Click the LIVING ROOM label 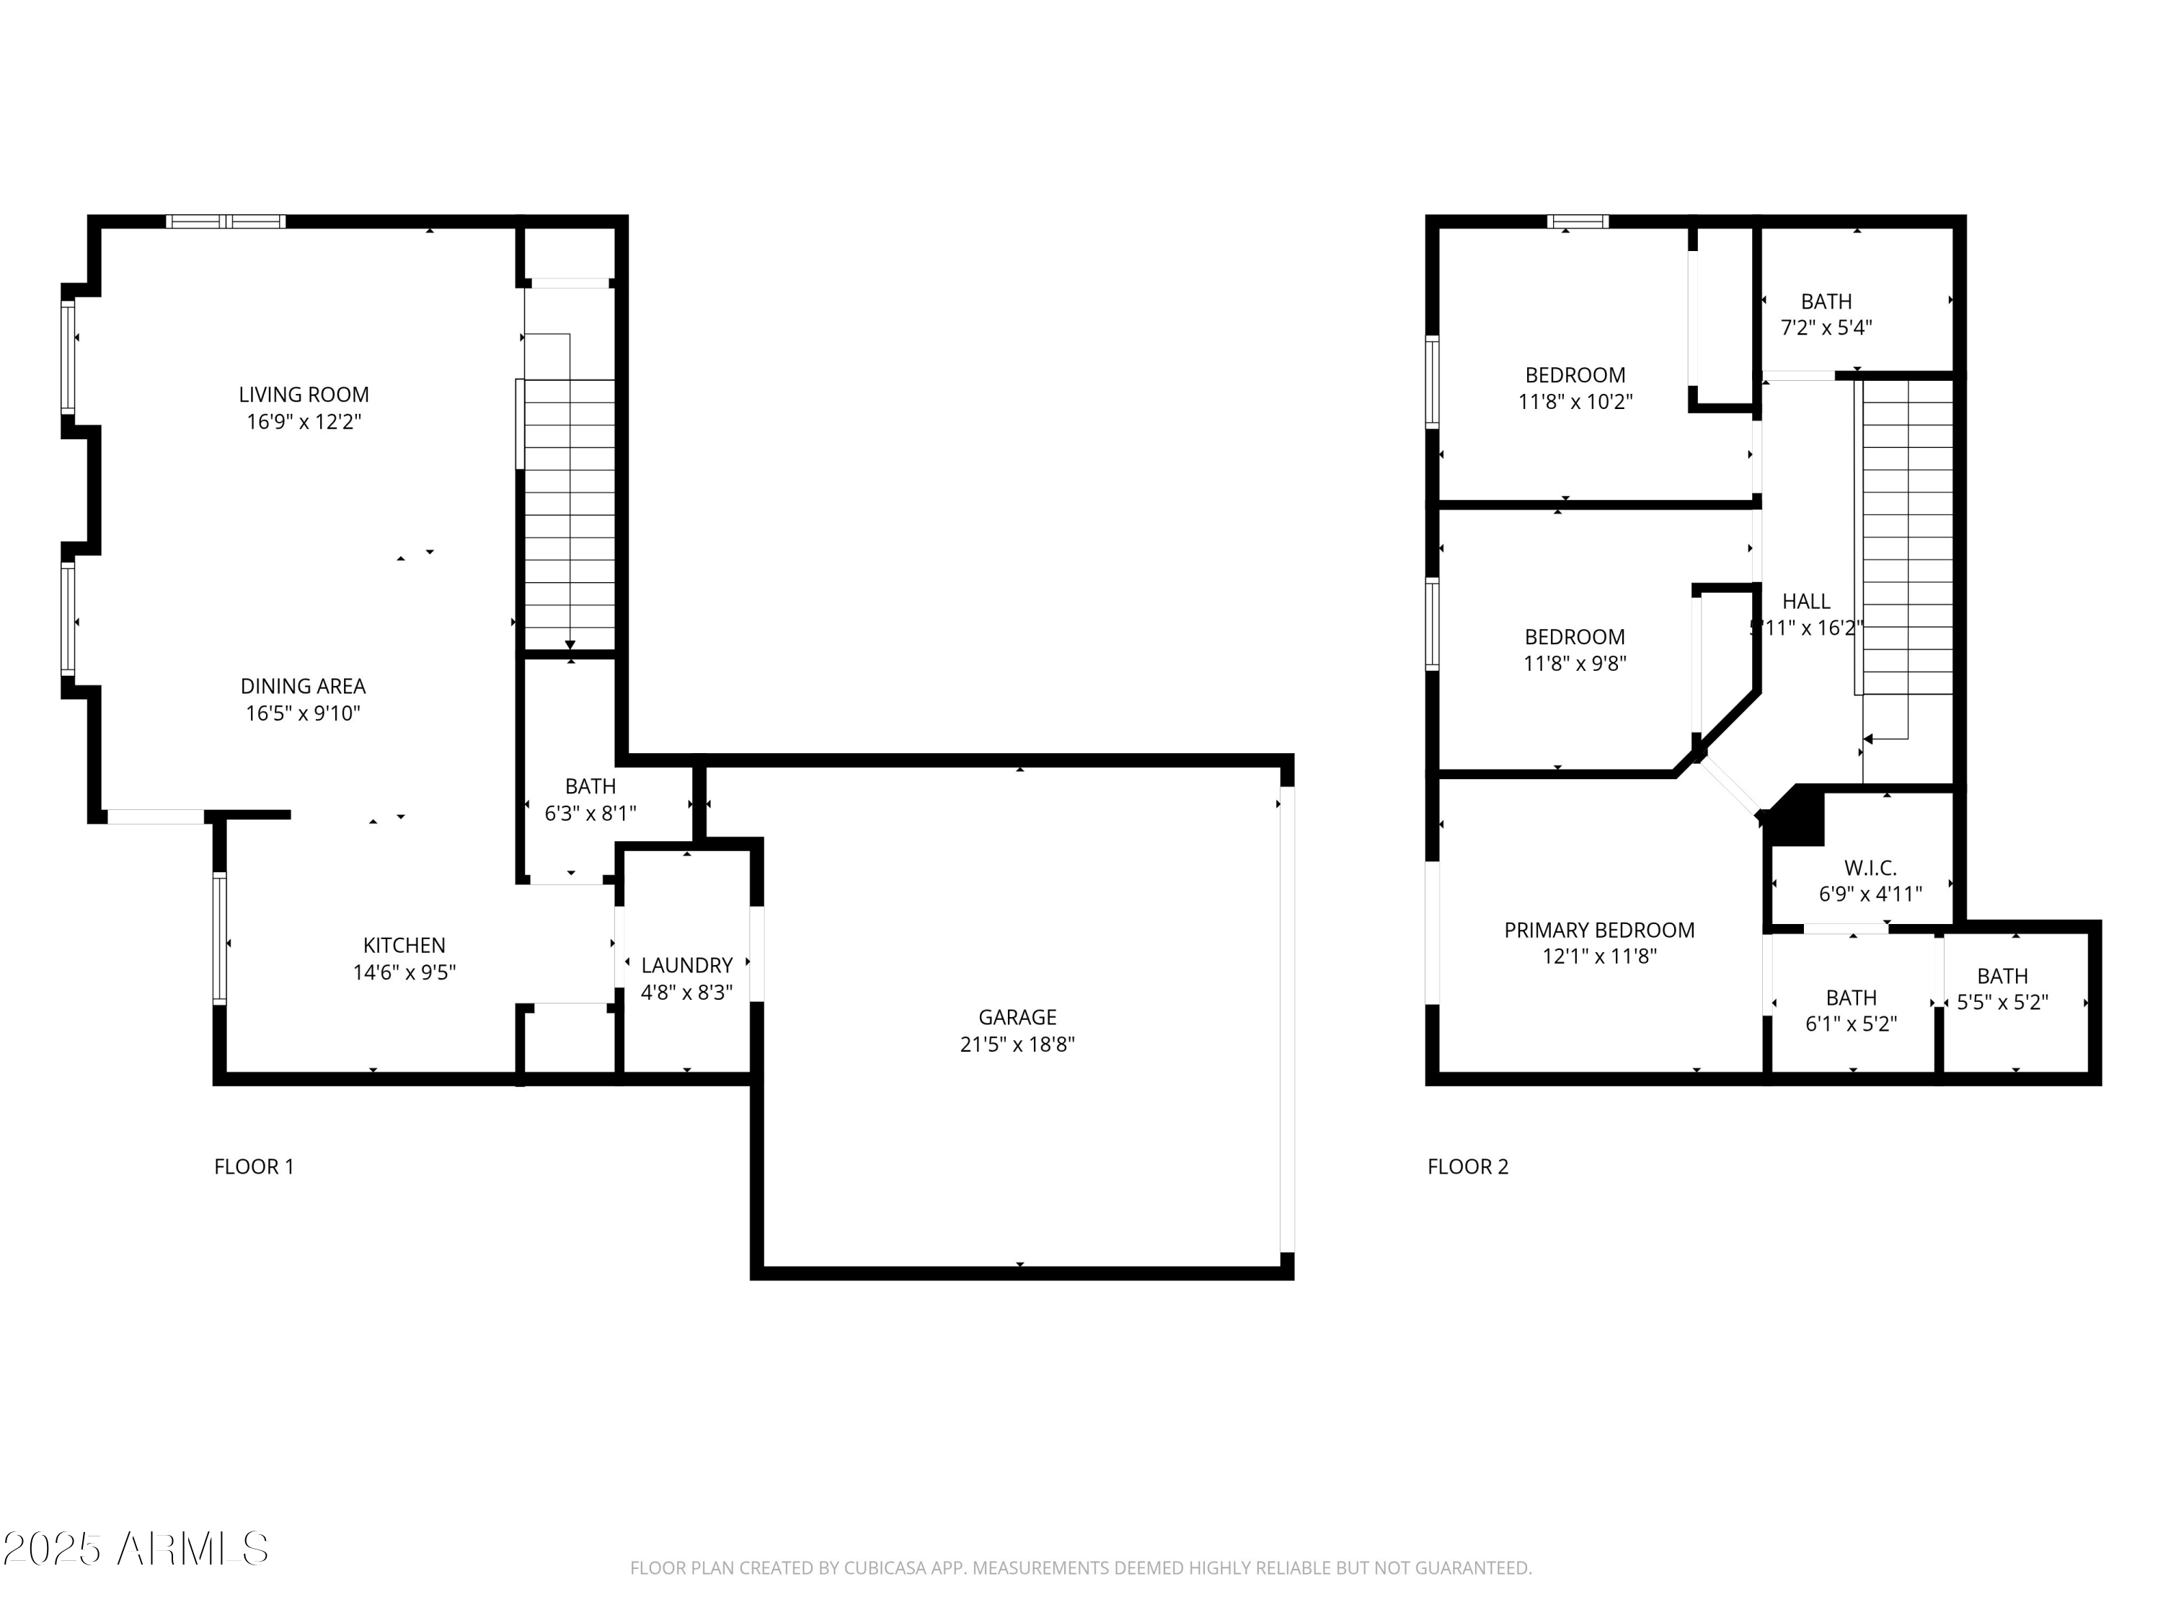coord(304,395)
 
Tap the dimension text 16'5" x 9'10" coord(303,713)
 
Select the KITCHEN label coord(404,945)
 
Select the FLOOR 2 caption coord(1468,1166)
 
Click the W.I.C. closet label coord(1870,868)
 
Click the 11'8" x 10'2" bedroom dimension coord(1575,401)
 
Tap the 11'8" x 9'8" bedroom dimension coord(1575,664)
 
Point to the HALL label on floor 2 coord(1805,602)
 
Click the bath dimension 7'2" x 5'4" coord(1826,327)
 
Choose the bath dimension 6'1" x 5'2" coord(1850,1024)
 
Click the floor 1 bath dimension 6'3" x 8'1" coord(590,813)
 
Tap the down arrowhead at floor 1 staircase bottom coord(570,645)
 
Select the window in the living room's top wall coord(226,222)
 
